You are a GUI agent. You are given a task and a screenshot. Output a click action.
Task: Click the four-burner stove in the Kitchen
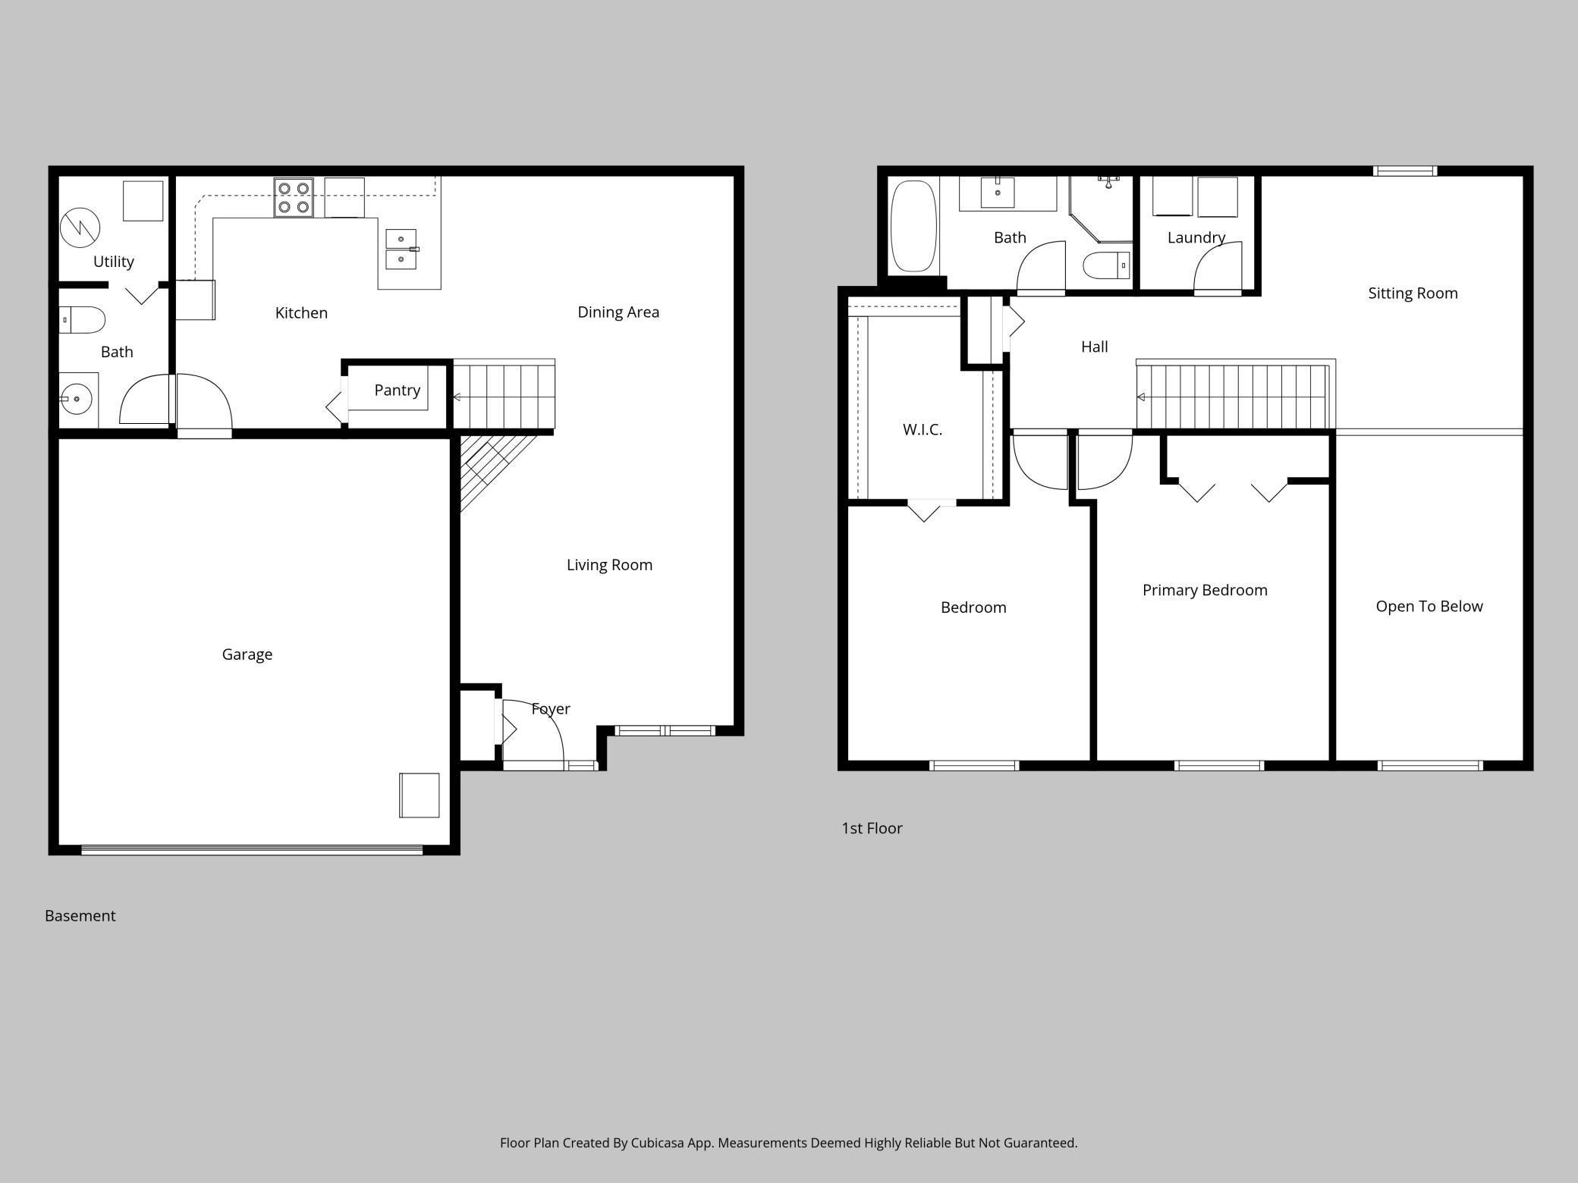[294, 197]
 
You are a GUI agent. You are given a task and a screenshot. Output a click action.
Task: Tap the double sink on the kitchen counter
[401, 249]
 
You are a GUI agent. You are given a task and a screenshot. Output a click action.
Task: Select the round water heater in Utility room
[80, 227]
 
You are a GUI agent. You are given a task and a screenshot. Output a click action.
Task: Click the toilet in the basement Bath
[82, 320]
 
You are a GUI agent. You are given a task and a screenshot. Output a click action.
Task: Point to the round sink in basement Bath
[77, 398]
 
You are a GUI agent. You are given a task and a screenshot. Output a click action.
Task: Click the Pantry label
[397, 390]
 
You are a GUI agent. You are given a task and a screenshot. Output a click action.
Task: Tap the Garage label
[247, 654]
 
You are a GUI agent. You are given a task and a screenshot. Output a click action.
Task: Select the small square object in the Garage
[419, 795]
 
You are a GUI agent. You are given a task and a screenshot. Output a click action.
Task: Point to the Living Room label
[609, 565]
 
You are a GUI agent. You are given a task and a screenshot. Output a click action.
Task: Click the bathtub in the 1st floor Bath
[913, 225]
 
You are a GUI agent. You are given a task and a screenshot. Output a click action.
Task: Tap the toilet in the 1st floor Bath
[1106, 265]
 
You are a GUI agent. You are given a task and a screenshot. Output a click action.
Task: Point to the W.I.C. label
[922, 429]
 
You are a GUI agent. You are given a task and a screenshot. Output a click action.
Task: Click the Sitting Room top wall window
[1405, 171]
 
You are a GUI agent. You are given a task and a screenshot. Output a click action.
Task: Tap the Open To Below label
[1429, 606]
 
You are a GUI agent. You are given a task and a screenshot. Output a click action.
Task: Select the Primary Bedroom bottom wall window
[1218, 766]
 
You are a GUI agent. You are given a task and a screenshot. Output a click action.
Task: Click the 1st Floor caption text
[872, 828]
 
